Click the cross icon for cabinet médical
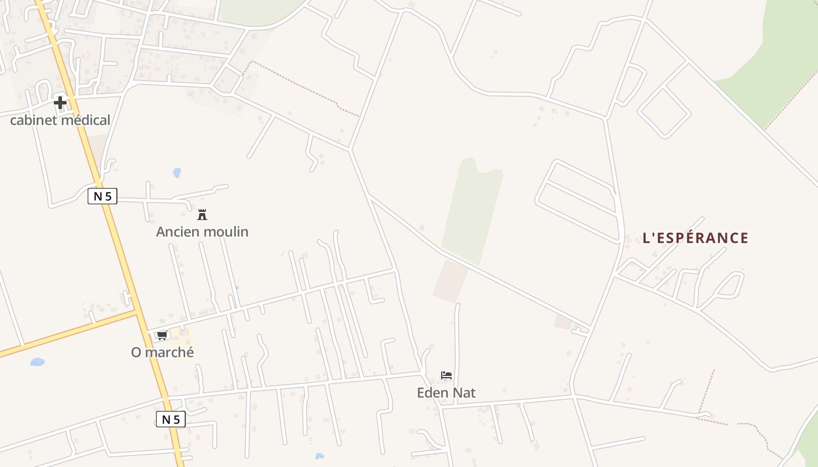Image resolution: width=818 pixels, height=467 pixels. [60, 103]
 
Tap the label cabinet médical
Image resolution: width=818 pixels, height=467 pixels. [60, 120]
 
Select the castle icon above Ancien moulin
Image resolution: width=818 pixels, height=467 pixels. [202, 215]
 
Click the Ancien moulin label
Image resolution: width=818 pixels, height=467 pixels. [202, 232]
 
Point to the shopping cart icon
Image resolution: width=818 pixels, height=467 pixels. [162, 335]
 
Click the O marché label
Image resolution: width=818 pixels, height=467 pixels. [162, 353]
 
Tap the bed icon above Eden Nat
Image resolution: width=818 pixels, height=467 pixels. [446, 375]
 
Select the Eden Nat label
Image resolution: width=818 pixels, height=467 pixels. [446, 393]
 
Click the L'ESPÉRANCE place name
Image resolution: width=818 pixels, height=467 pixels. [695, 238]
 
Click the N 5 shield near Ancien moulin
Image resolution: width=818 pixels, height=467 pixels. [103, 197]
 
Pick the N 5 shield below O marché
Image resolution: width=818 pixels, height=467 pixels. [171, 419]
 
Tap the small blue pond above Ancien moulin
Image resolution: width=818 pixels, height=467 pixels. [177, 173]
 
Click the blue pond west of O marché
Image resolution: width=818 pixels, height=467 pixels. [37, 362]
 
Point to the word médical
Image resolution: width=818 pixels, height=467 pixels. [85, 120]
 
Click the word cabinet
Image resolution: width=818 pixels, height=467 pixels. [33, 120]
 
